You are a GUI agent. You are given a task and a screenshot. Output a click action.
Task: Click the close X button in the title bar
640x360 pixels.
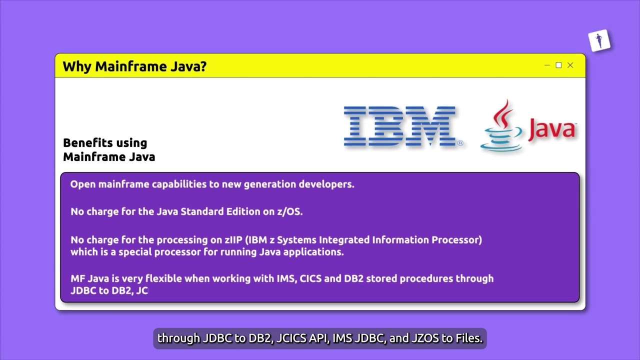pos(570,65)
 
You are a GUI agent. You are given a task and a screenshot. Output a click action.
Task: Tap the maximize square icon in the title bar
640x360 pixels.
pos(558,65)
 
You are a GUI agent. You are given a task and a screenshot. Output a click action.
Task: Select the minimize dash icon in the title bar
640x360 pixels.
pos(547,65)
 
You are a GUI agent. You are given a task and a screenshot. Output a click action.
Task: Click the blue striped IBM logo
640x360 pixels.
pos(402,126)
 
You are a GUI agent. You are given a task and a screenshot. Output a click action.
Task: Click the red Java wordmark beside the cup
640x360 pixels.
pos(551,129)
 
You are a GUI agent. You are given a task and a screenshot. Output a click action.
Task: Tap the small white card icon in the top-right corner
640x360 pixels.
pos(599,40)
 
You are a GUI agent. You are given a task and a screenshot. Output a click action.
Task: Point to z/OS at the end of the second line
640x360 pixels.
pos(289,211)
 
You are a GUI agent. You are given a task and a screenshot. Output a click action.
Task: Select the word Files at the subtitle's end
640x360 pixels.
pos(469,338)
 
